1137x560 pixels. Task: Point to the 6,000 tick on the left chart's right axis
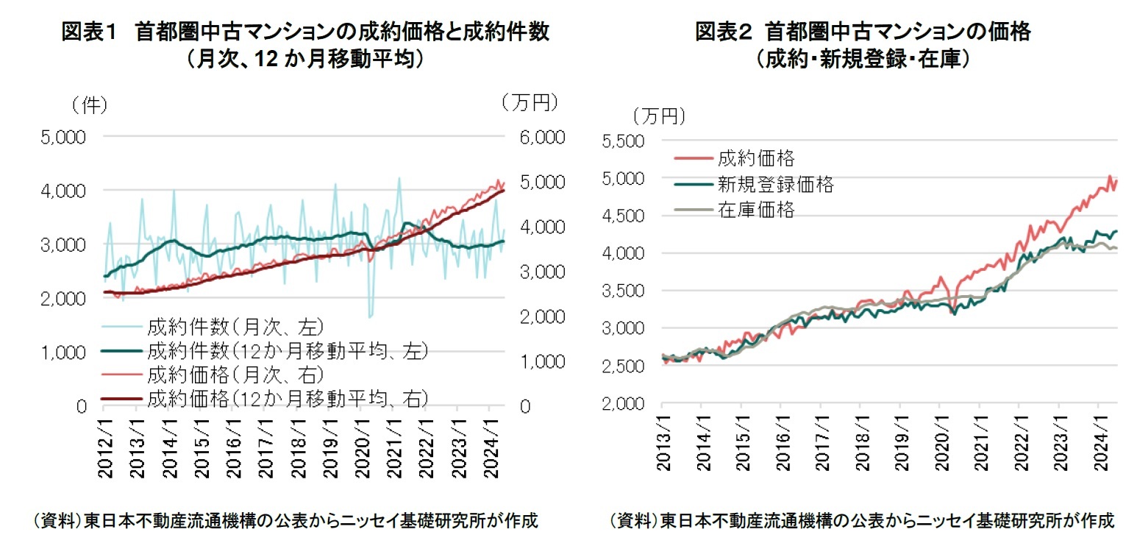(541, 138)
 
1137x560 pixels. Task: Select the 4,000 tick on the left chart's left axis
(67, 191)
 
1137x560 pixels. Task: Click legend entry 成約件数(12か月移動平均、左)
(287, 350)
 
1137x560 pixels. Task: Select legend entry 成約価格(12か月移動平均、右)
(287, 399)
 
